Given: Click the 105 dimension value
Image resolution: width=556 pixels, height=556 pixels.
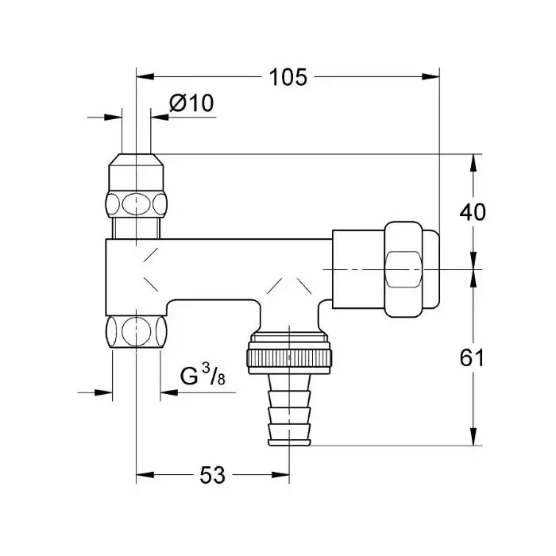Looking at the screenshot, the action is (288, 77).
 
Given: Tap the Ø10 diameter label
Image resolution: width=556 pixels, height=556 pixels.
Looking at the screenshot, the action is (191, 103).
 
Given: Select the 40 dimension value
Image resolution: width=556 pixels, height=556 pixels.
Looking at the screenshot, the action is (473, 212).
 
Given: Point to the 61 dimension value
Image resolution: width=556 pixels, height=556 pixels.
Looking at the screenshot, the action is (472, 357).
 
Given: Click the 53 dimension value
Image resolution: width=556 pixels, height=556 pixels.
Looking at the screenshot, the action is (212, 475).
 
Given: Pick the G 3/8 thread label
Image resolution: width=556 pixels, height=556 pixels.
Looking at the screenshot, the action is (203, 374).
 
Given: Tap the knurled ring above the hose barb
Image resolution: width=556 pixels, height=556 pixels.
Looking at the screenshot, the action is (289, 357).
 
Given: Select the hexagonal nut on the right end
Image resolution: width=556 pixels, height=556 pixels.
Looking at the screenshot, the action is (403, 269).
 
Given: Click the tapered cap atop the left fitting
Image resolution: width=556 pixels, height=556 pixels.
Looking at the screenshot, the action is (136, 172).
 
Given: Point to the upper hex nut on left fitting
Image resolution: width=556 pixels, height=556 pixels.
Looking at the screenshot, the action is (136, 205).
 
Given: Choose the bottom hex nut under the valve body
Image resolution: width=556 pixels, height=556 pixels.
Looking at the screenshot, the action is (136, 332).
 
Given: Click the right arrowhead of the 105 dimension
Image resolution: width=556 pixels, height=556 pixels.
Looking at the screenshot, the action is (431, 76).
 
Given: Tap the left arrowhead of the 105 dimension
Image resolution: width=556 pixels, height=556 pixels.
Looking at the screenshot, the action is (145, 76).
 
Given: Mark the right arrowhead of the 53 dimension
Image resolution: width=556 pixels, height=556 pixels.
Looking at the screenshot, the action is (280, 475).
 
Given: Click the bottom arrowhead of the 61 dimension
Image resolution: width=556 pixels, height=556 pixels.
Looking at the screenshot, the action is (473, 437).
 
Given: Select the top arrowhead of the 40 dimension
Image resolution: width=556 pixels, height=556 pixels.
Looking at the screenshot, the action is (473, 163).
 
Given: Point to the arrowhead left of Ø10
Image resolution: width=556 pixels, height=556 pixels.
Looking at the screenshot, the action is (113, 117).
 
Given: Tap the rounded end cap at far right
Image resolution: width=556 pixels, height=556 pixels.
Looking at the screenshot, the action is (431, 269).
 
